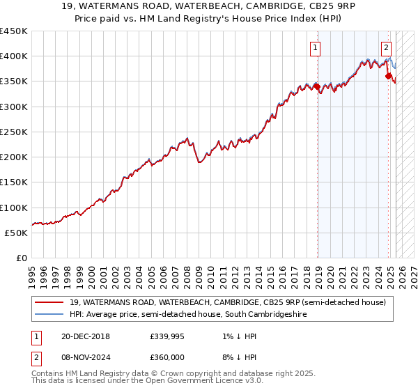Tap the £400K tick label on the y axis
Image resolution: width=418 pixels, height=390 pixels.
[x=14, y=56]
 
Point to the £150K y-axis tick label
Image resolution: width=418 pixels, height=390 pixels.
[x=14, y=182]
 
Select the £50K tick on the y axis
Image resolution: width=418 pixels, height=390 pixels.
[x=17, y=233]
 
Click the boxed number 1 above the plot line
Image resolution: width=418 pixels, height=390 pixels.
[x=316, y=48]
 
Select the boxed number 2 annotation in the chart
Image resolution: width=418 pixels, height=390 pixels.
[x=386, y=48]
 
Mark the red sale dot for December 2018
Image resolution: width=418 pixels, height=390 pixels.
[x=317, y=87]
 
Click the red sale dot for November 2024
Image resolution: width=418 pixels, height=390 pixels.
[x=388, y=77]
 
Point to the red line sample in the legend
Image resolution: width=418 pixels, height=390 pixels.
[x=50, y=302]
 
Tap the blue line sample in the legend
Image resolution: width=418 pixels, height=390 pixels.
[x=50, y=315]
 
